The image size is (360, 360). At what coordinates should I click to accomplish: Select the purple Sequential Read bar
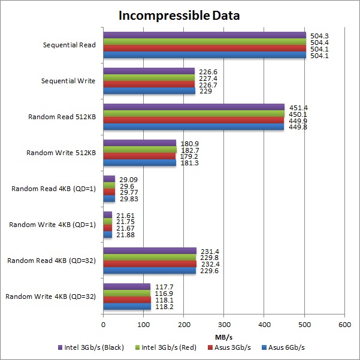[204, 35]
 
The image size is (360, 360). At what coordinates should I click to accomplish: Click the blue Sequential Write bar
[149, 91]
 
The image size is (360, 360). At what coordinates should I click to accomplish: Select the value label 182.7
[188, 150]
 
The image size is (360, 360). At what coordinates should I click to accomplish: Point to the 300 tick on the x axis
[224, 325]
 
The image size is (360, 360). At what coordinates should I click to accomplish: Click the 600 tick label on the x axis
[344, 325]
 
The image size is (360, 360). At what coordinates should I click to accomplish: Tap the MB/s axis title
[223, 335]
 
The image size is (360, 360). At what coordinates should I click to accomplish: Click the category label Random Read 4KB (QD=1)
[53, 189]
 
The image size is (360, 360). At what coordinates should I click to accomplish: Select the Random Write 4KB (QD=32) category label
[51, 297]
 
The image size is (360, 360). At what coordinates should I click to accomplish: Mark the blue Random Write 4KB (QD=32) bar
[127, 307]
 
